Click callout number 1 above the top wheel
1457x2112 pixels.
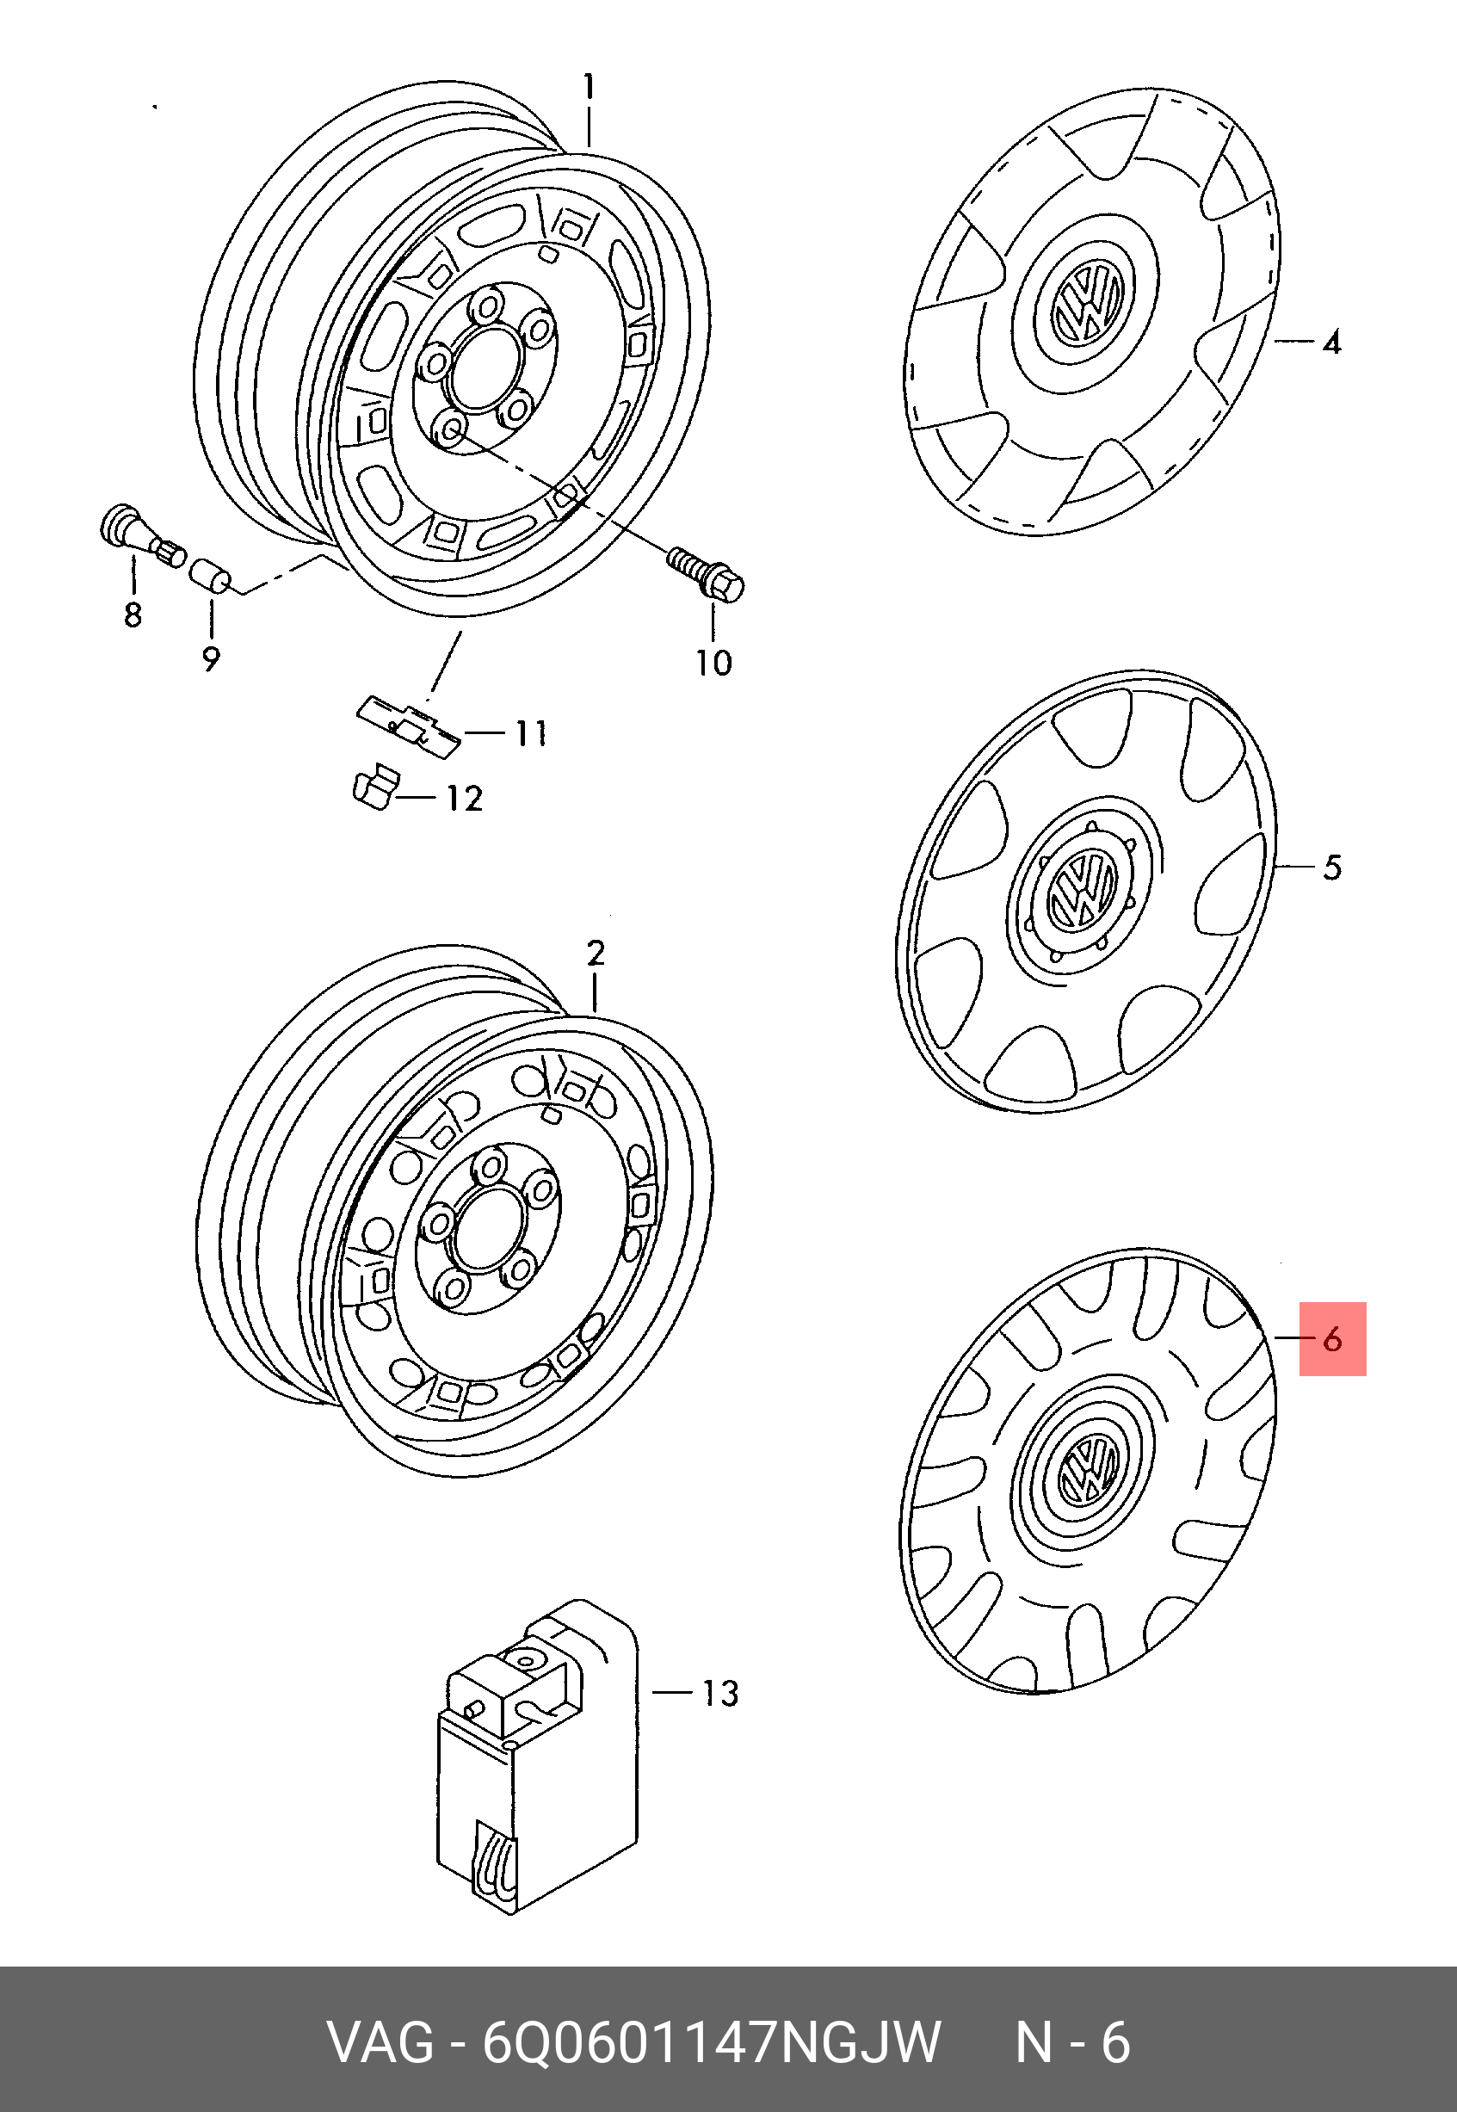click(x=590, y=88)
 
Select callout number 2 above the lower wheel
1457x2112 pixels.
click(x=596, y=954)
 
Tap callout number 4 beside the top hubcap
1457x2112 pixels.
click(x=1332, y=343)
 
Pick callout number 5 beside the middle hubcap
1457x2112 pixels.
click(x=1332, y=867)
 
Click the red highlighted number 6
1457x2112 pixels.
click(x=1332, y=1339)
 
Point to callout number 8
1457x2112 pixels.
click(x=133, y=614)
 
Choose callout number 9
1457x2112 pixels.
click(x=211, y=658)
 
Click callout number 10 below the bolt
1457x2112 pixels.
click(x=714, y=663)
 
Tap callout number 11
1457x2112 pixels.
click(x=531, y=733)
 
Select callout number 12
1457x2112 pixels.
click(x=464, y=799)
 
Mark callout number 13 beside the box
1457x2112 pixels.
click(x=719, y=1695)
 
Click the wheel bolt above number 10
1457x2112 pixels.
click(x=707, y=572)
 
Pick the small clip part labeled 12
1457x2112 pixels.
click(x=373, y=787)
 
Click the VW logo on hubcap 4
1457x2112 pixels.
click(x=1085, y=302)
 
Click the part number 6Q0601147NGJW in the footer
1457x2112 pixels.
click(x=712, y=2042)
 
